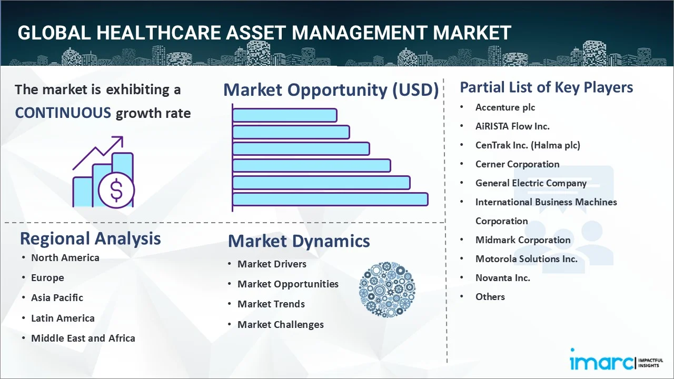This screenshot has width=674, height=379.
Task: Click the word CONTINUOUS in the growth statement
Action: (63, 113)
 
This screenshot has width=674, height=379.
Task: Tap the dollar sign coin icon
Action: (116, 191)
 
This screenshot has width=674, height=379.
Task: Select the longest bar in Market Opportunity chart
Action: (330, 199)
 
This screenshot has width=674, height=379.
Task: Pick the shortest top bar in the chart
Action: (284, 115)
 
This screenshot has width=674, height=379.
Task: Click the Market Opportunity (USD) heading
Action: (331, 90)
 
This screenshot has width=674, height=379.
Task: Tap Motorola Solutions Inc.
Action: (526, 259)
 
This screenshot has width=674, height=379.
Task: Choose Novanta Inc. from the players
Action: (502, 278)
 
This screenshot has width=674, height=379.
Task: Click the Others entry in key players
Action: (490, 297)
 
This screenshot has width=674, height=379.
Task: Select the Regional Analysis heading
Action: (90, 238)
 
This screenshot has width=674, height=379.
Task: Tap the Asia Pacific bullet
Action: (57, 298)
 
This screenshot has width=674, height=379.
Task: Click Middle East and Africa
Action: (83, 338)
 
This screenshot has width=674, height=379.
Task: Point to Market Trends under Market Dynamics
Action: (271, 304)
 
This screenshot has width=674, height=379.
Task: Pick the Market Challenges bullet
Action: (280, 325)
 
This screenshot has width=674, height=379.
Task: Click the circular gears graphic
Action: (386, 290)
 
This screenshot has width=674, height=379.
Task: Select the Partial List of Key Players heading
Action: (546, 87)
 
